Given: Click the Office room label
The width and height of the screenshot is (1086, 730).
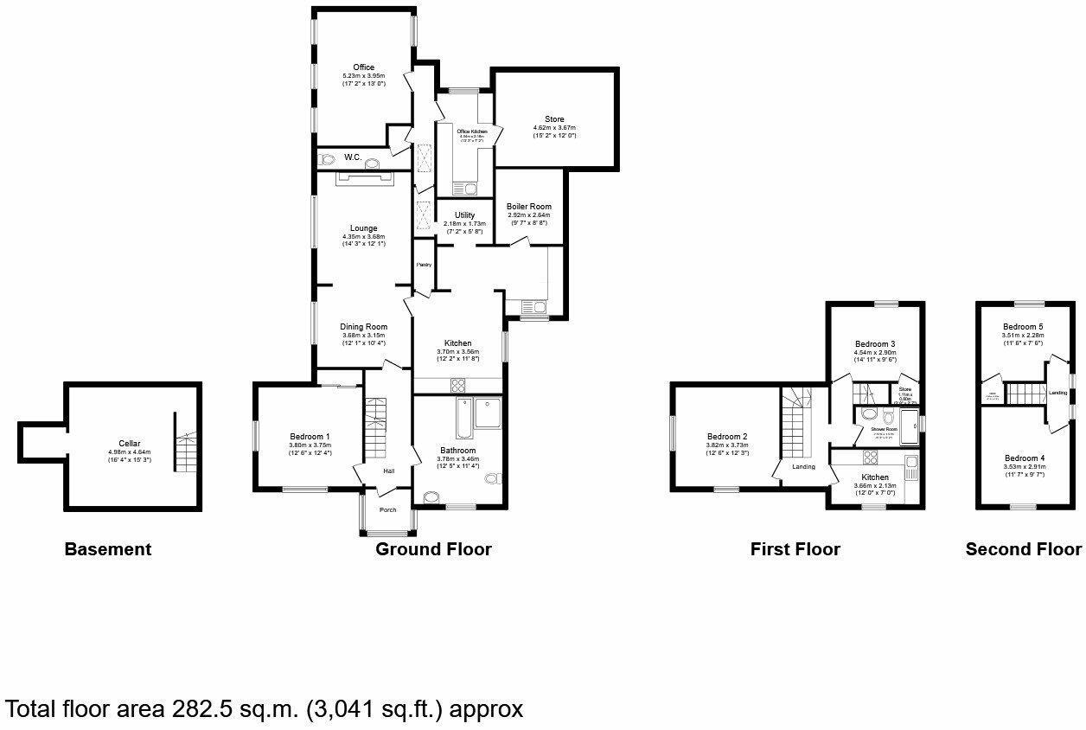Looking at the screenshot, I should (x=363, y=67).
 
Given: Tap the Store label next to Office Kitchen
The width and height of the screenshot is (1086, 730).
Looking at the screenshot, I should (x=554, y=119).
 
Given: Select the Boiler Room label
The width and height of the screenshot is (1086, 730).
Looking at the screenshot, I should (x=529, y=207).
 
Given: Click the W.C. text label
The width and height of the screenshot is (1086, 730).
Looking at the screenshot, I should (x=353, y=157).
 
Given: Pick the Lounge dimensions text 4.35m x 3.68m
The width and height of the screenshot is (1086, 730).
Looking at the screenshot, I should (x=363, y=238).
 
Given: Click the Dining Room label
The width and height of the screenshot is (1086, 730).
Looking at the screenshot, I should (x=363, y=327).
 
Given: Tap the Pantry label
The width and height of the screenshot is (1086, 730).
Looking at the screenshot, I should (x=424, y=265).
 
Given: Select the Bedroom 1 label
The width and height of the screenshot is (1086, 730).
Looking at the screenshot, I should (x=310, y=436).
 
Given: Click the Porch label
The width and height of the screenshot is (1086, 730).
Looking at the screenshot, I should (x=388, y=509).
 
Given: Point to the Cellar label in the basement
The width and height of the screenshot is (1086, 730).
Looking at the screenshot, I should (x=130, y=443).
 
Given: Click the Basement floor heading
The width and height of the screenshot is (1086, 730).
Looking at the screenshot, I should (x=108, y=549).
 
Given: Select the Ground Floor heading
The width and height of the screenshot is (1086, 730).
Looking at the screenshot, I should (x=433, y=549).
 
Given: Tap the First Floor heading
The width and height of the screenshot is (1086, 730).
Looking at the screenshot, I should (x=795, y=549).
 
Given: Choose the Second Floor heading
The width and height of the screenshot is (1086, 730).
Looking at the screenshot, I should (x=1023, y=549).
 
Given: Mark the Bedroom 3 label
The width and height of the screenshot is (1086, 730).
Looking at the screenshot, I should (x=874, y=343).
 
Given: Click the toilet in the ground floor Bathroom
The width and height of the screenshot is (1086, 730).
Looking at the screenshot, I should (x=491, y=477).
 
